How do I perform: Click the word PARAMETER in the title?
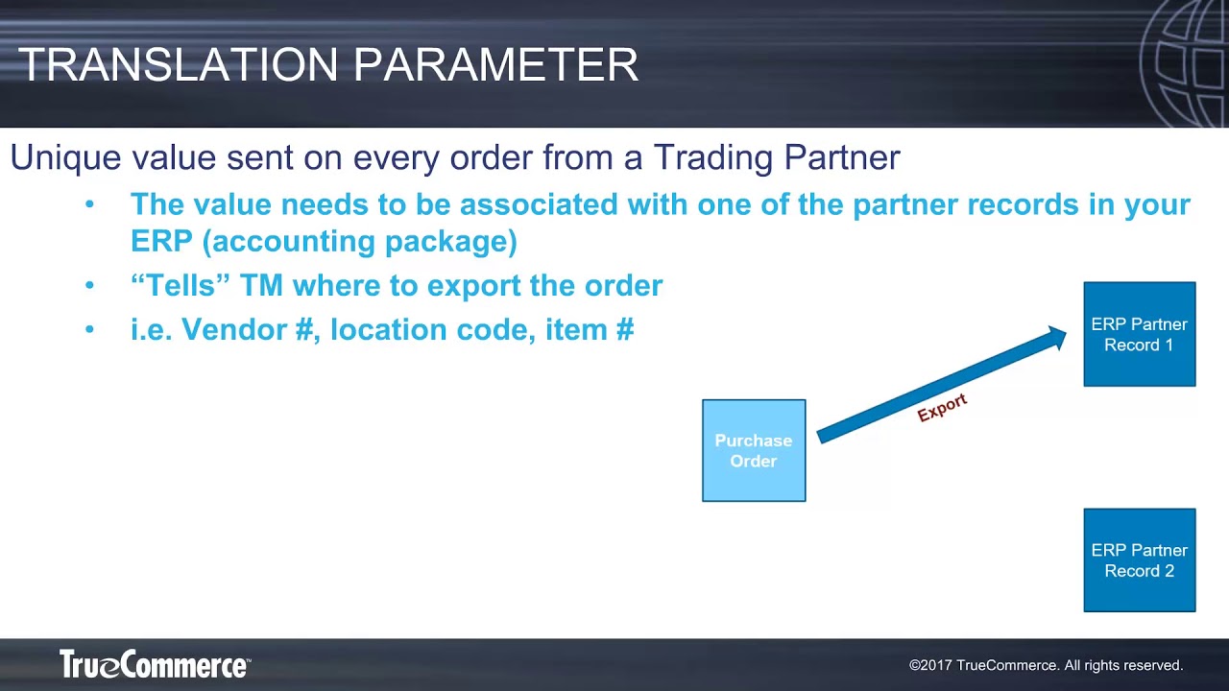(495, 65)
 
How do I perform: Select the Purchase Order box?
(754, 450)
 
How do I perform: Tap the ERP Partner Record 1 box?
(1139, 334)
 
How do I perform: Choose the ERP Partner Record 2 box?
(1139, 560)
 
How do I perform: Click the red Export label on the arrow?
(942, 408)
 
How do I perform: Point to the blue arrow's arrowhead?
(1056, 337)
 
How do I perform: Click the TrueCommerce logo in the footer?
(154, 664)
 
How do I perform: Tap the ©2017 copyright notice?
(1046, 665)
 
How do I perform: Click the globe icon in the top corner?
(1187, 62)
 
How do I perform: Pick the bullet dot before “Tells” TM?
(90, 285)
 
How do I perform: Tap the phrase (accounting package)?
(360, 241)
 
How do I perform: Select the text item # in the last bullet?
(589, 329)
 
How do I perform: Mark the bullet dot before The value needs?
(90, 204)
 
